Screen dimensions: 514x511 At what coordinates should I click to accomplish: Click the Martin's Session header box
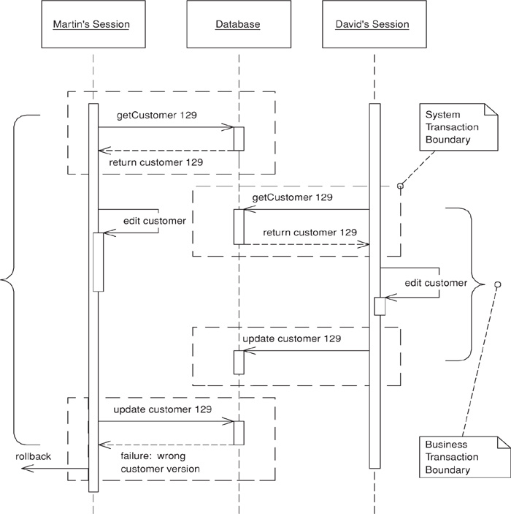click(x=91, y=26)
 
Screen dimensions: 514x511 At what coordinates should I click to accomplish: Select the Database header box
click(x=237, y=26)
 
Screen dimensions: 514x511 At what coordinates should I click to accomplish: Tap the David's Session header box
click(x=372, y=26)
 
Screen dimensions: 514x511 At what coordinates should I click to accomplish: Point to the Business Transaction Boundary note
click(x=458, y=457)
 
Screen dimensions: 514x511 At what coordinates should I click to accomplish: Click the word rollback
click(x=34, y=456)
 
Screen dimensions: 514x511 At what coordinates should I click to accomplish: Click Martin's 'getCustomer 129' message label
click(x=156, y=116)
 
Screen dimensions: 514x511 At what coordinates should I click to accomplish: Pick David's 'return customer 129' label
click(x=310, y=232)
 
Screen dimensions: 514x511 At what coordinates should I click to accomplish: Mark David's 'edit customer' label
click(x=436, y=283)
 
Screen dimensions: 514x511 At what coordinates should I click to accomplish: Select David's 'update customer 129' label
click(x=291, y=339)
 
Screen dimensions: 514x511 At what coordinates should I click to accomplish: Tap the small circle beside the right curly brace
click(x=498, y=284)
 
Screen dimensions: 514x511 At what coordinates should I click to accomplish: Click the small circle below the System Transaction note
click(x=400, y=186)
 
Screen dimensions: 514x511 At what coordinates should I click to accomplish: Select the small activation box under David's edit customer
click(x=380, y=306)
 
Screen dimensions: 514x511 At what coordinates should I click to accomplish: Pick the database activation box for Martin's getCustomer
click(x=238, y=139)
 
